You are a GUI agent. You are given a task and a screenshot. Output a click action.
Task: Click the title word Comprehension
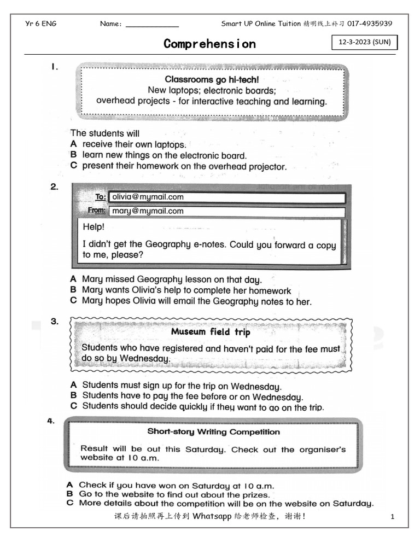[x=209, y=44]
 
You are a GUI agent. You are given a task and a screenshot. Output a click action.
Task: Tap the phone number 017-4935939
[x=370, y=24]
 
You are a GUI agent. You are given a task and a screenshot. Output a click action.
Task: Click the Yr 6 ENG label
[x=41, y=24]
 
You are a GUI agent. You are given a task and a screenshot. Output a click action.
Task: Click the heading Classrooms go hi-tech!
[x=212, y=80]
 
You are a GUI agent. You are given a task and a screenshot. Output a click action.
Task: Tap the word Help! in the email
[x=94, y=227]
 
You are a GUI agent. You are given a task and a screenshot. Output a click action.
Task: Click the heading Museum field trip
[x=211, y=331]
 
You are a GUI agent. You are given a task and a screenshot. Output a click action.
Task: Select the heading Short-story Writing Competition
[x=213, y=431]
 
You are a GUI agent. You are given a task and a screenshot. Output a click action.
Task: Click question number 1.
[x=55, y=67]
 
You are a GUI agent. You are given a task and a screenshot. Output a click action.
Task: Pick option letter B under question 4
[x=69, y=494]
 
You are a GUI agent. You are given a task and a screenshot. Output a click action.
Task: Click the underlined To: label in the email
[x=100, y=197]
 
